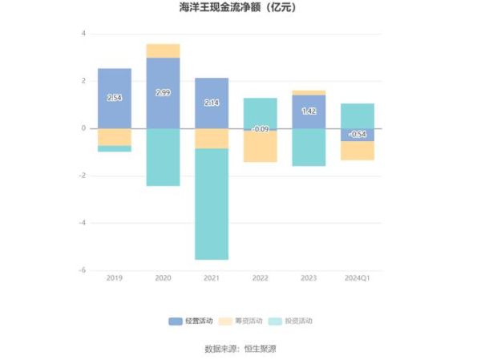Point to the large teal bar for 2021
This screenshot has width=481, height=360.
(x=212, y=204)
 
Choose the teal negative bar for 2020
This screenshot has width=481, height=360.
(x=163, y=157)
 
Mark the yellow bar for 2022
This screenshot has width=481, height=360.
(x=260, y=147)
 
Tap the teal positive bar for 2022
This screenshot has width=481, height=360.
(x=260, y=113)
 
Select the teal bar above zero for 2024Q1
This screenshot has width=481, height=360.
(x=357, y=115)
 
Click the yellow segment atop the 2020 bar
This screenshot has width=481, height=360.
(x=163, y=51)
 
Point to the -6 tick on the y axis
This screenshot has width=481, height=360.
(x=83, y=270)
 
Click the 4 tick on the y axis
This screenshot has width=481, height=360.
(x=83, y=34)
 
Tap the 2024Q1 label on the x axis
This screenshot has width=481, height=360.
(x=357, y=277)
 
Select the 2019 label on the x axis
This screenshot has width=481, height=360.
(x=115, y=277)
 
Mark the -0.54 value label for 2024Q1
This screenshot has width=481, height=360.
(x=357, y=134)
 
